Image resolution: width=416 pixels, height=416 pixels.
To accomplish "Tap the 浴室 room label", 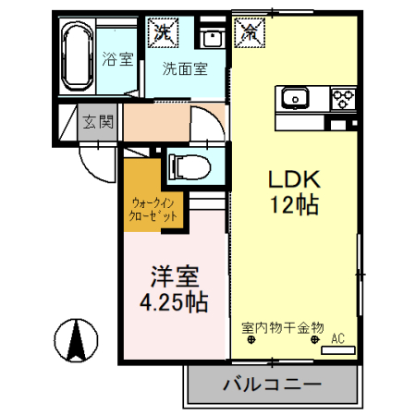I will pos(117,57).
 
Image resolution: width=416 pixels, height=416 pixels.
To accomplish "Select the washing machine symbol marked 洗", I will pos(163,30).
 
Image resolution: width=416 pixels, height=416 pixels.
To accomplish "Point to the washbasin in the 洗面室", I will pos(211,38).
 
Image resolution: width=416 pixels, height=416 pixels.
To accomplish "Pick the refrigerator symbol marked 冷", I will pos(251,30).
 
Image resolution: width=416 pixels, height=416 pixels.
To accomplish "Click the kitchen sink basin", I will pos(297,96).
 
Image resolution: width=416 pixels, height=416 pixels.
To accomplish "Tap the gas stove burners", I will pos(343,96).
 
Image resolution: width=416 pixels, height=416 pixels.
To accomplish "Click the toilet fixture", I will pos(190,167).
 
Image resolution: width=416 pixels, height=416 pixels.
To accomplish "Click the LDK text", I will pos(293,178).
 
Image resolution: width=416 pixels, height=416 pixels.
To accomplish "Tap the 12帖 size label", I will pos(294,204).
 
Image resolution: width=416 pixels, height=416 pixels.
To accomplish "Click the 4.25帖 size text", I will pos(173,301).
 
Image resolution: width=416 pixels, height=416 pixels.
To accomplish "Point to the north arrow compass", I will pos(76,341).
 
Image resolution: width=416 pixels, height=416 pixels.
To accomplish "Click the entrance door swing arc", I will pos(96,167).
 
